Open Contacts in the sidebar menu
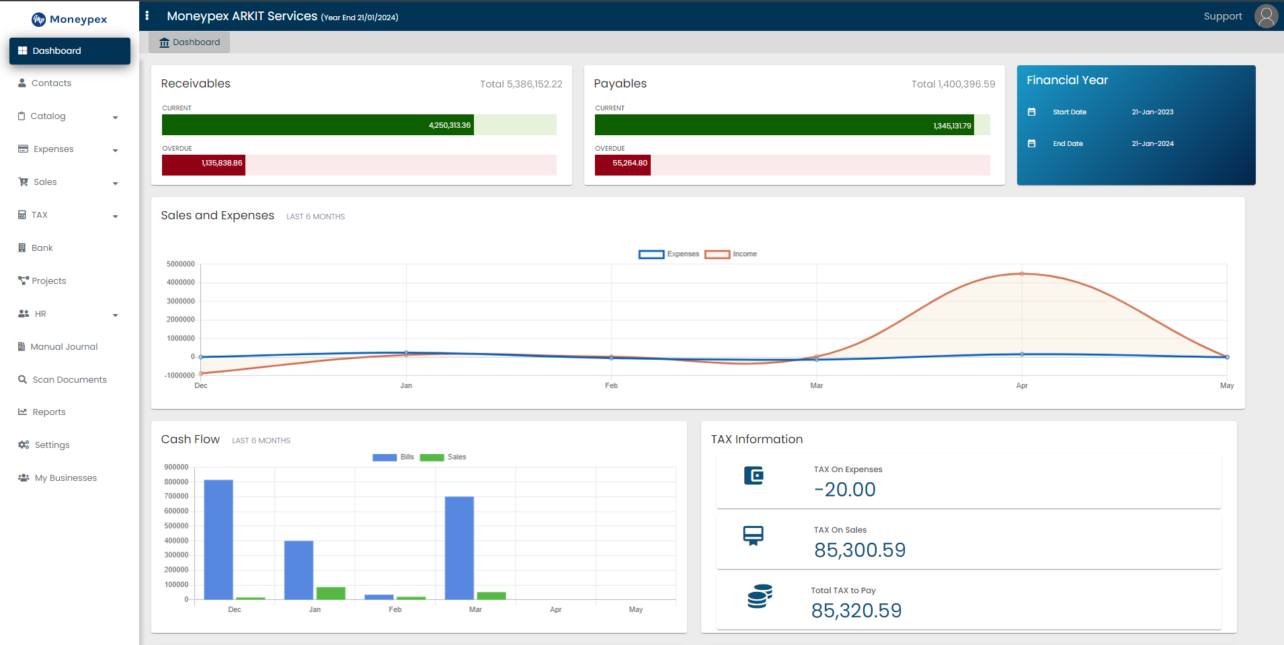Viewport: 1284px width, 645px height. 51,83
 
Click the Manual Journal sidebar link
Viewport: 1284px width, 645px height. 64,347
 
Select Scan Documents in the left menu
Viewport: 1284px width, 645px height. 69,380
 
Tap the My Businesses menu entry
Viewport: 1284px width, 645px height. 65,478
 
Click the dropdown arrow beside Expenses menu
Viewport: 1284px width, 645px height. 116,150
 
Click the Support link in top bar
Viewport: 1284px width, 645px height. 1222,16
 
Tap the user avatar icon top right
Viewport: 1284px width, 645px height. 1266,16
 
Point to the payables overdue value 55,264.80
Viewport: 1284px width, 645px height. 629,163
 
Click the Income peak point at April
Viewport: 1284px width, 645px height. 1022,274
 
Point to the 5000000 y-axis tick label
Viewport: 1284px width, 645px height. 181,264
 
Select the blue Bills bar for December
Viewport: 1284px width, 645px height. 218,539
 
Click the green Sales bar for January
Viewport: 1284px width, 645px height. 331,593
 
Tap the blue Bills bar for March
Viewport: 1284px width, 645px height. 459,547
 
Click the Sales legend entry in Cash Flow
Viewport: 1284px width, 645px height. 443,457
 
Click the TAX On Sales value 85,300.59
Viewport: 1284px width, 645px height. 860,550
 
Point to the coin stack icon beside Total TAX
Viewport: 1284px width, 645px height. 760,596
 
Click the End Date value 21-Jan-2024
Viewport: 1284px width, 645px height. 1152,144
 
